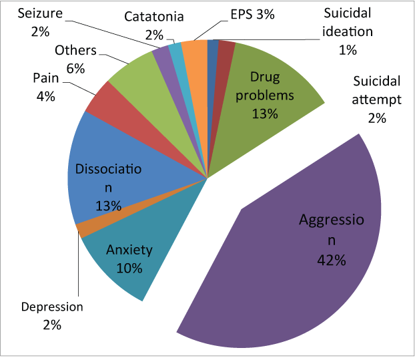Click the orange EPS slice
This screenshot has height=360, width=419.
tap(194, 50)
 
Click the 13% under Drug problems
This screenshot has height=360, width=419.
tap(265, 114)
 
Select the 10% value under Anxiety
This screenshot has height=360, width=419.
tap(129, 268)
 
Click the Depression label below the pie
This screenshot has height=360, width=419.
tap(52, 307)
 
